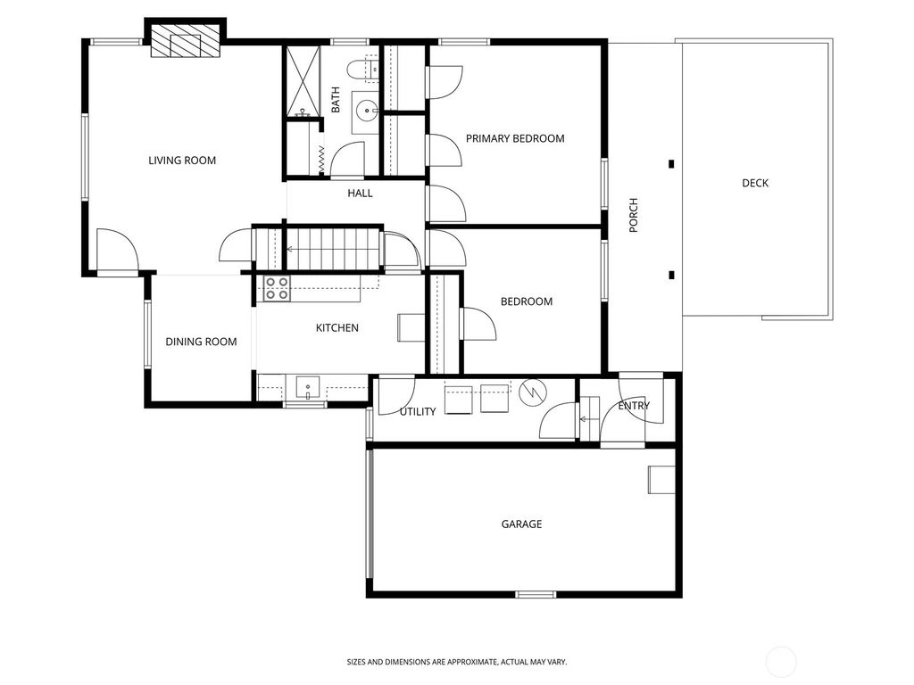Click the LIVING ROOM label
click(x=182, y=161)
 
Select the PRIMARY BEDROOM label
click(x=515, y=138)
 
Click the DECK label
click(x=754, y=183)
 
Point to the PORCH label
click(x=634, y=215)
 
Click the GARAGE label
click(x=520, y=524)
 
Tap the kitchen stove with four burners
click(x=277, y=288)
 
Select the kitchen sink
click(x=307, y=388)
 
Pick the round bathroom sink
click(x=366, y=111)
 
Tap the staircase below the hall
click(x=332, y=247)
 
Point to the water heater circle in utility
click(x=528, y=392)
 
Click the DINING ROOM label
click(x=201, y=342)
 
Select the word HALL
click(x=360, y=193)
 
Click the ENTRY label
click(x=634, y=406)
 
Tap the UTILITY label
click(x=418, y=411)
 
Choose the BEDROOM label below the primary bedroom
click(x=526, y=301)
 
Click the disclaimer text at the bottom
click(x=456, y=662)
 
